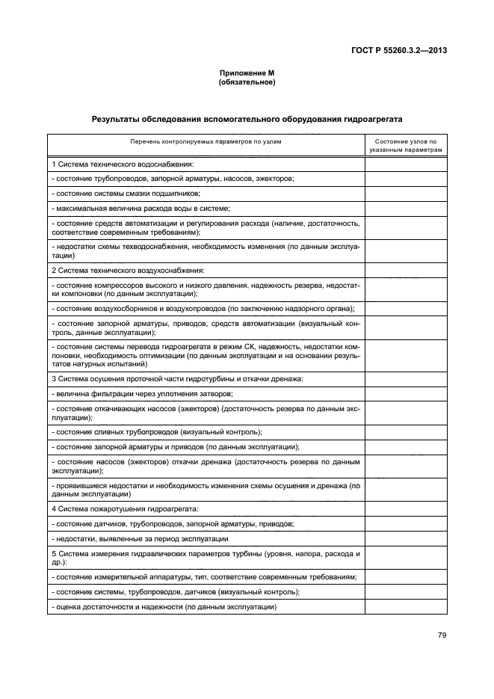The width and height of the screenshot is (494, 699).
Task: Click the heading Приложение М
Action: pos(247,73)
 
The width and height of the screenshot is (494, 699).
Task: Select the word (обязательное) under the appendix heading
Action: pos(247,81)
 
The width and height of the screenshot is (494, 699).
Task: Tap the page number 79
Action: pos(442,635)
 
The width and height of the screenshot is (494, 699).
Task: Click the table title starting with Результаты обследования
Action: pos(247,118)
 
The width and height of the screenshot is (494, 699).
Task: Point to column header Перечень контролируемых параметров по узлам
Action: pos(206,141)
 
